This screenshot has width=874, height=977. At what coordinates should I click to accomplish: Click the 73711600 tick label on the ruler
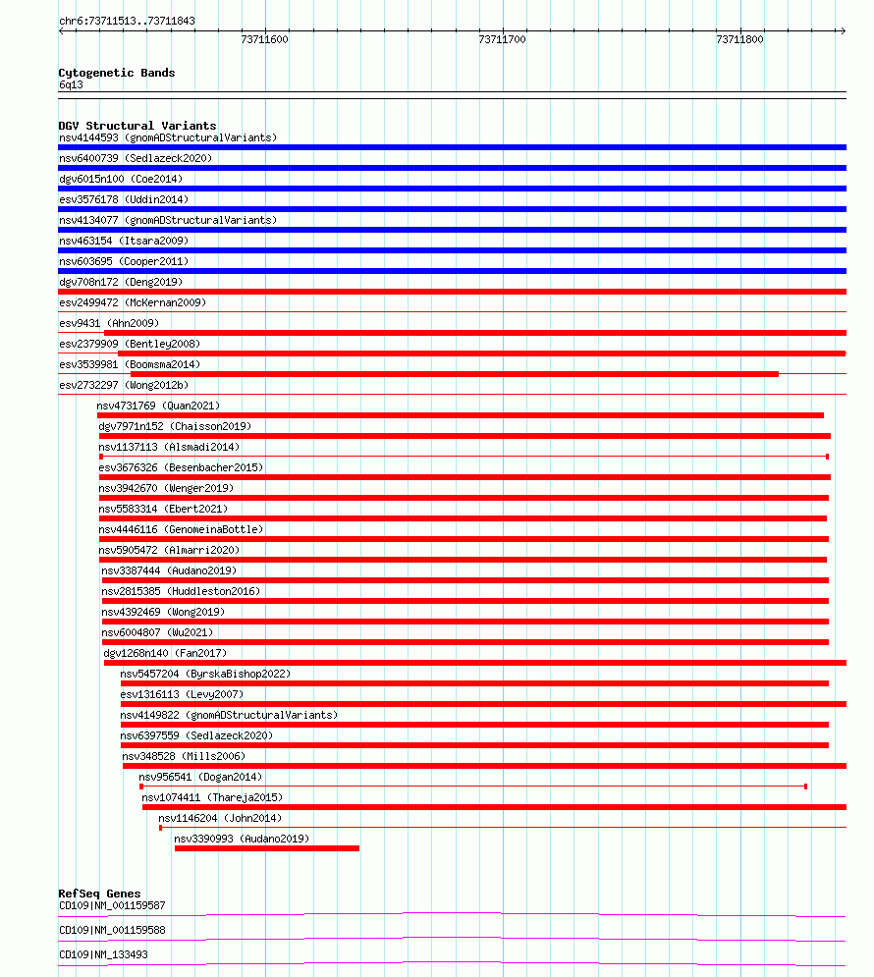coord(264,40)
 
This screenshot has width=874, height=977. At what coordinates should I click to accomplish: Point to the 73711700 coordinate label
coord(502,40)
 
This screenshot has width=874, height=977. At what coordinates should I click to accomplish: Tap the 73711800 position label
coord(739,40)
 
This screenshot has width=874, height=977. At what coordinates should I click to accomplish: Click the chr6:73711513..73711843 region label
coord(127,21)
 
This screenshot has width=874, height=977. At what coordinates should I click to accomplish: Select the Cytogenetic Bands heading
coord(116,73)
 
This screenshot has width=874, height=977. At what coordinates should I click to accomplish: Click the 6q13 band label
coord(71,84)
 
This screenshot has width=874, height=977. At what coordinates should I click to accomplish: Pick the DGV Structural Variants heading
coord(137,126)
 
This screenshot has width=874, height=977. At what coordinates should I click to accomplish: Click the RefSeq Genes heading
coord(99,894)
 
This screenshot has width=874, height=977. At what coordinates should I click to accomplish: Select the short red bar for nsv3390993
coord(266,848)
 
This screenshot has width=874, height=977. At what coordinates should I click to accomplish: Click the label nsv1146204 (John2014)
coord(219,818)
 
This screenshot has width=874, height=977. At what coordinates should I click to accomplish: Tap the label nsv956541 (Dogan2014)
coord(201,777)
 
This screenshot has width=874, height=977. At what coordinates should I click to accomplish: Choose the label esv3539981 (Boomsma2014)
coord(129,364)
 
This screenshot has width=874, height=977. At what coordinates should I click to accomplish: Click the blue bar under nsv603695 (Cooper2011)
coord(452,271)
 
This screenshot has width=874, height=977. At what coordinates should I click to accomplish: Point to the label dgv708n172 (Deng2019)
coord(120,282)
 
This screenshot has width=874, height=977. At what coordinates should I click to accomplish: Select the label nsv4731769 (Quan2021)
coord(157,406)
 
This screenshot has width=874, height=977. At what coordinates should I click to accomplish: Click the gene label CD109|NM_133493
coord(103,954)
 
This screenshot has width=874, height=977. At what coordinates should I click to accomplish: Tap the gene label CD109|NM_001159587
coord(112,905)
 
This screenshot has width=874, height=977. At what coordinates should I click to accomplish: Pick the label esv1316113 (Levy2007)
coord(182,694)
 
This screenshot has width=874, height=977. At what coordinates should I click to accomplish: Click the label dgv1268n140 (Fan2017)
coord(165,653)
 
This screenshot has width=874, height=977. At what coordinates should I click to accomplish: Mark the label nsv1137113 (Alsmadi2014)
coord(168,447)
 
